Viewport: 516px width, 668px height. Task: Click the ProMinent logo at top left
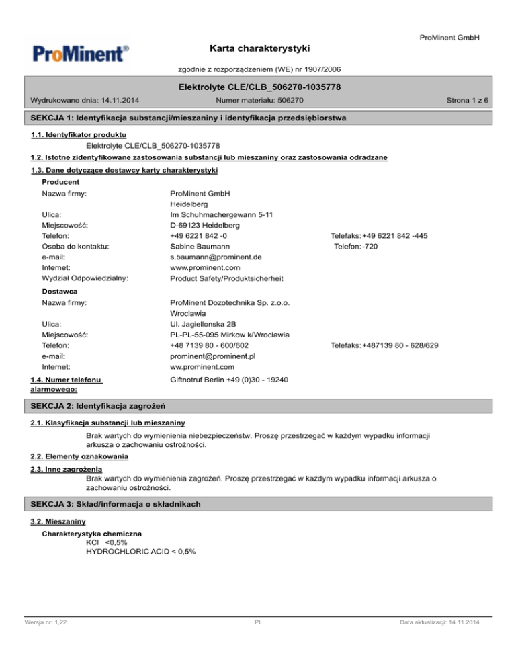click(78, 53)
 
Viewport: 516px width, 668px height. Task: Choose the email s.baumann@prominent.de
click(216, 257)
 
